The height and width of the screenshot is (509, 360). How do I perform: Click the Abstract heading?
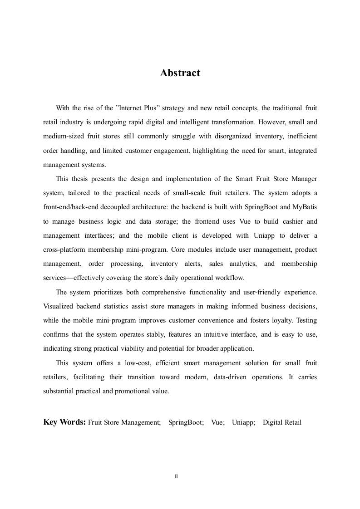pos(180,73)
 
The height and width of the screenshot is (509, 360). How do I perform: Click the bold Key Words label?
pos(64,422)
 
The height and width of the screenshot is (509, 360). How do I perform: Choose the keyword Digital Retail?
pos(282,422)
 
